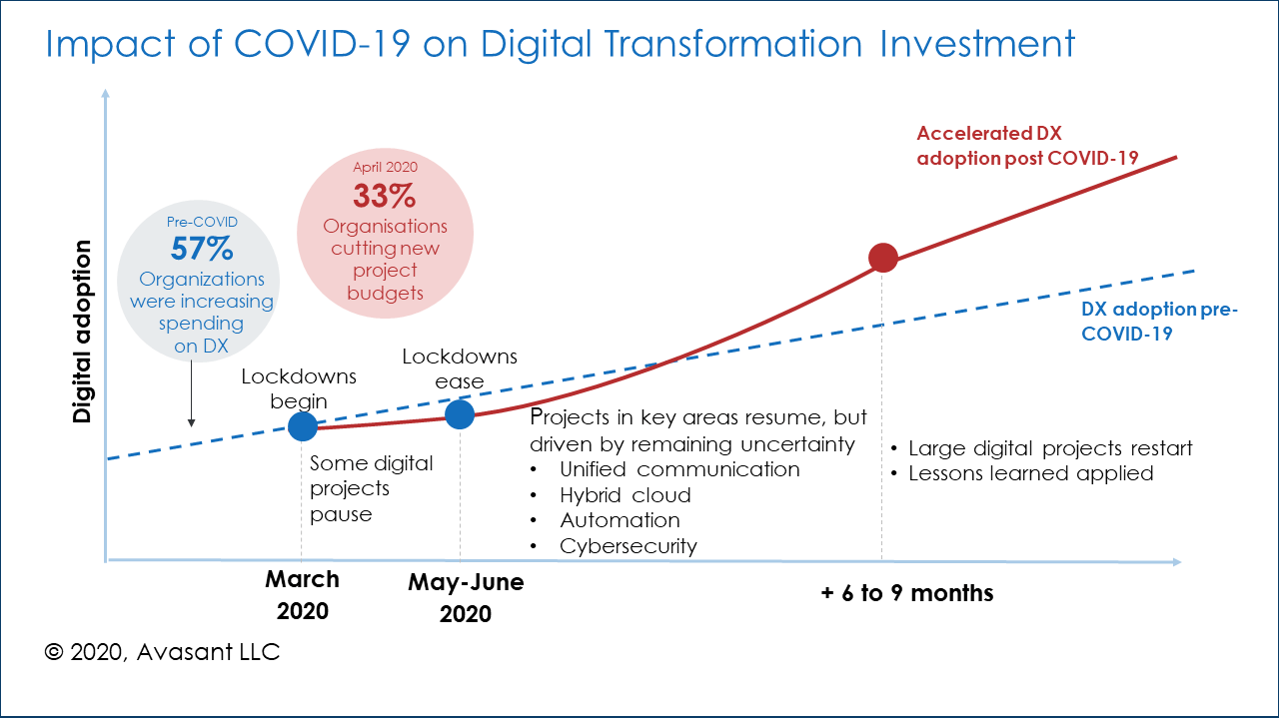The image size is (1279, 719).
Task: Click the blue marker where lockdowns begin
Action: pyautogui.click(x=303, y=427)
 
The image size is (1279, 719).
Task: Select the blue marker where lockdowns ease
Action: pyautogui.click(x=459, y=414)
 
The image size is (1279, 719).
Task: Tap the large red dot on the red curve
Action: pyautogui.click(x=883, y=258)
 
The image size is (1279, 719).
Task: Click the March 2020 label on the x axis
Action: pyautogui.click(x=302, y=595)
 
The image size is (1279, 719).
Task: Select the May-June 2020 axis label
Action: pyautogui.click(x=466, y=598)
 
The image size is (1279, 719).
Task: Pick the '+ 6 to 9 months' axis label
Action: pyautogui.click(x=906, y=593)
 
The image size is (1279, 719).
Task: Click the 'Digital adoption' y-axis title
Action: pyautogui.click(x=83, y=331)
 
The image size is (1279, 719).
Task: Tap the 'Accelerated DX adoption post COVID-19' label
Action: pyautogui.click(x=1028, y=145)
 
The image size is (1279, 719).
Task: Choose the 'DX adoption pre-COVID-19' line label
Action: pyautogui.click(x=1159, y=322)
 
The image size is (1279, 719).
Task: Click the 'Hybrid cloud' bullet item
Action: pyautogui.click(x=625, y=495)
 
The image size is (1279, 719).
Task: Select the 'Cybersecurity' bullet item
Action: pyautogui.click(x=628, y=546)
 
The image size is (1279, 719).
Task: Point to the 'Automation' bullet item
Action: pyautogui.click(x=620, y=520)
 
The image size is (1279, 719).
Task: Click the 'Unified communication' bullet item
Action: pyautogui.click(x=679, y=469)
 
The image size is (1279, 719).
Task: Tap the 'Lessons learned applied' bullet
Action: pyautogui.click(x=1030, y=473)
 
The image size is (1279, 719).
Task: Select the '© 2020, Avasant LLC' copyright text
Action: pyautogui.click(x=162, y=652)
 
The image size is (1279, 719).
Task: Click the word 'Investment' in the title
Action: pyautogui.click(x=979, y=45)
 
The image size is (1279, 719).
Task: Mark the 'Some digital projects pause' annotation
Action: pyautogui.click(x=371, y=489)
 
